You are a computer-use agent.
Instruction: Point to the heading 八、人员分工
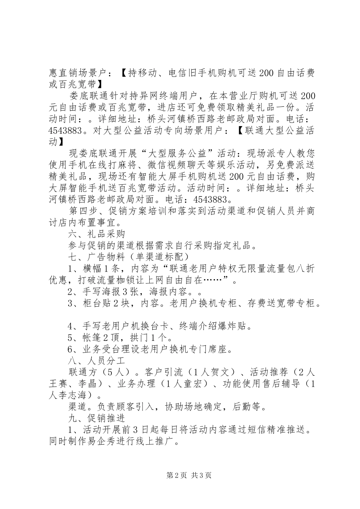pos(97,360)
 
